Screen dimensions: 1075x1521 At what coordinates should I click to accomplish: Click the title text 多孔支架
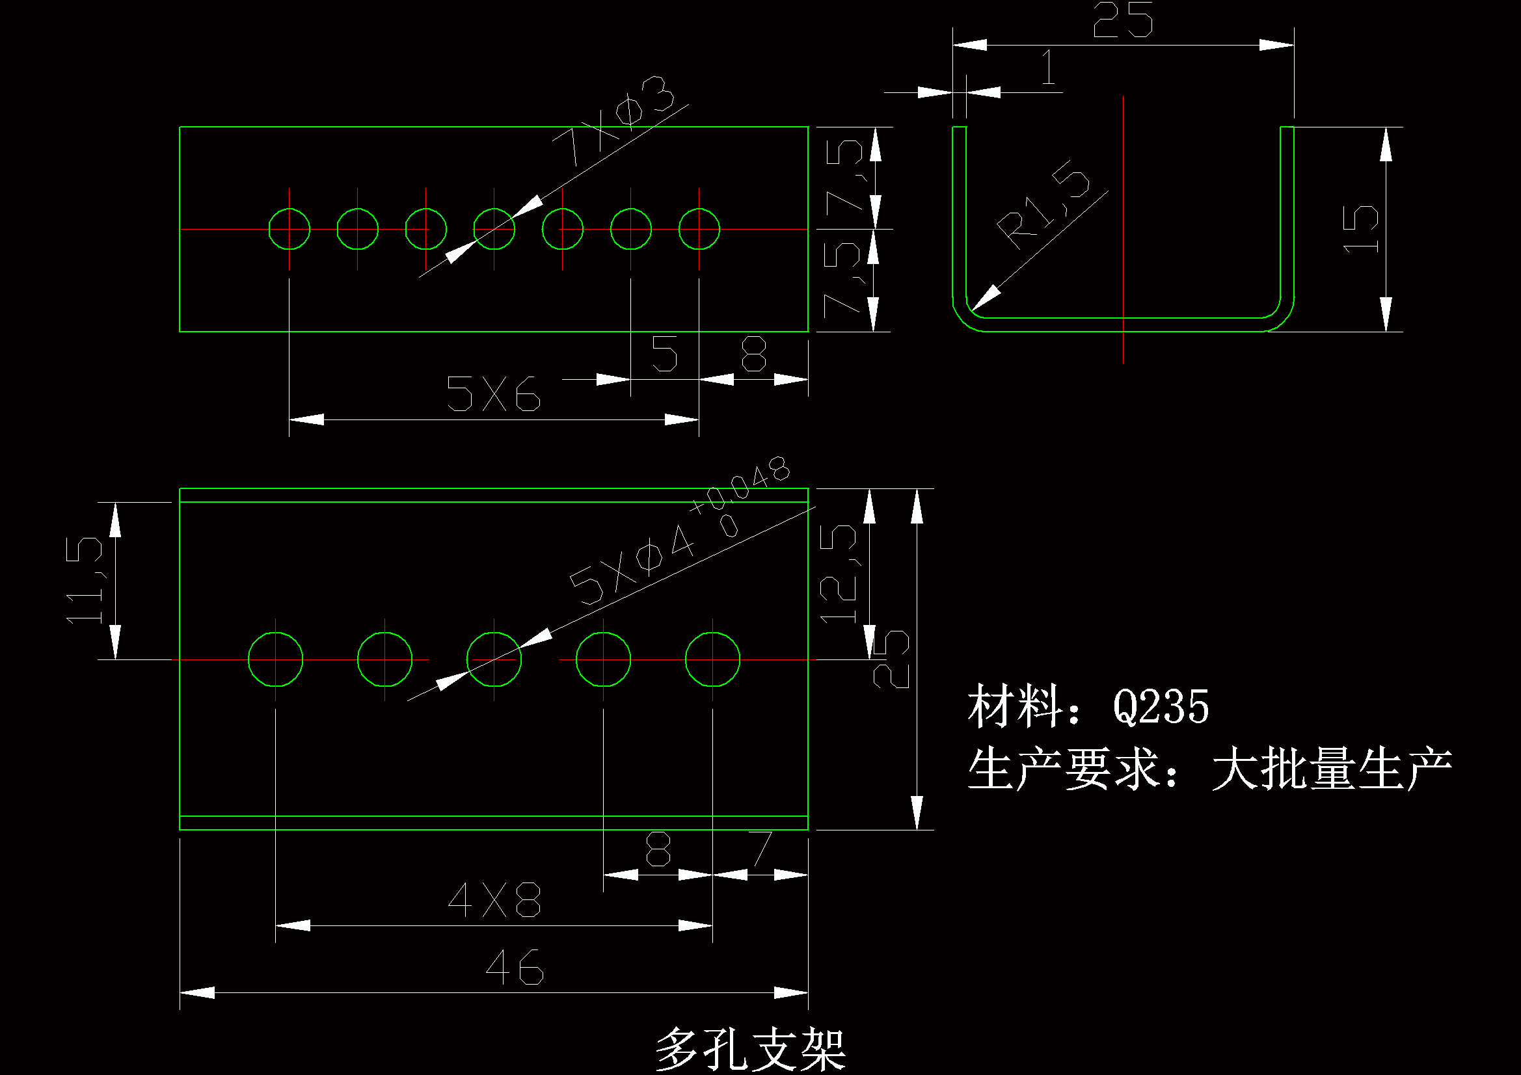pyautogui.click(x=751, y=1049)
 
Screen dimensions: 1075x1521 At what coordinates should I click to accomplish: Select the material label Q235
pyautogui.click(x=1161, y=707)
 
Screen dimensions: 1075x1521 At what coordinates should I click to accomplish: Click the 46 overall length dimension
pyautogui.click(x=514, y=967)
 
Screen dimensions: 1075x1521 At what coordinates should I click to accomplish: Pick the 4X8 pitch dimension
pyautogui.click(x=494, y=900)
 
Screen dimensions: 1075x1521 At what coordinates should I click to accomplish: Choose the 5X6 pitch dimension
pyautogui.click(x=494, y=393)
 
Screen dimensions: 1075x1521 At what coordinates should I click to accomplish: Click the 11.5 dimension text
pyautogui.click(x=85, y=580)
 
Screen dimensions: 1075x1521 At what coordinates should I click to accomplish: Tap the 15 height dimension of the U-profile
pyautogui.click(x=1361, y=228)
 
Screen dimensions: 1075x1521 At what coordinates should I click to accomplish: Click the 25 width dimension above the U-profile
pyautogui.click(x=1123, y=20)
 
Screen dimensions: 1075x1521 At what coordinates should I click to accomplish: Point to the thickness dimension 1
pyautogui.click(x=1049, y=68)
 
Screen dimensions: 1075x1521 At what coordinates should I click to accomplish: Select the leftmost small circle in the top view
pyautogui.click(x=289, y=229)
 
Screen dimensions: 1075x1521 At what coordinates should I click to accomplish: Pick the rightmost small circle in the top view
pyautogui.click(x=699, y=229)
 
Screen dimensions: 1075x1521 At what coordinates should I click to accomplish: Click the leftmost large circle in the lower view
pyautogui.click(x=276, y=659)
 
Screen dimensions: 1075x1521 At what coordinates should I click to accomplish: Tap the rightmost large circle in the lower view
pyautogui.click(x=713, y=659)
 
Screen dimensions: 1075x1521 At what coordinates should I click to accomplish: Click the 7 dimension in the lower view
pyautogui.click(x=762, y=849)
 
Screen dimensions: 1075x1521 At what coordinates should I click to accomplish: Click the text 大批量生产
pyautogui.click(x=1332, y=769)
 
